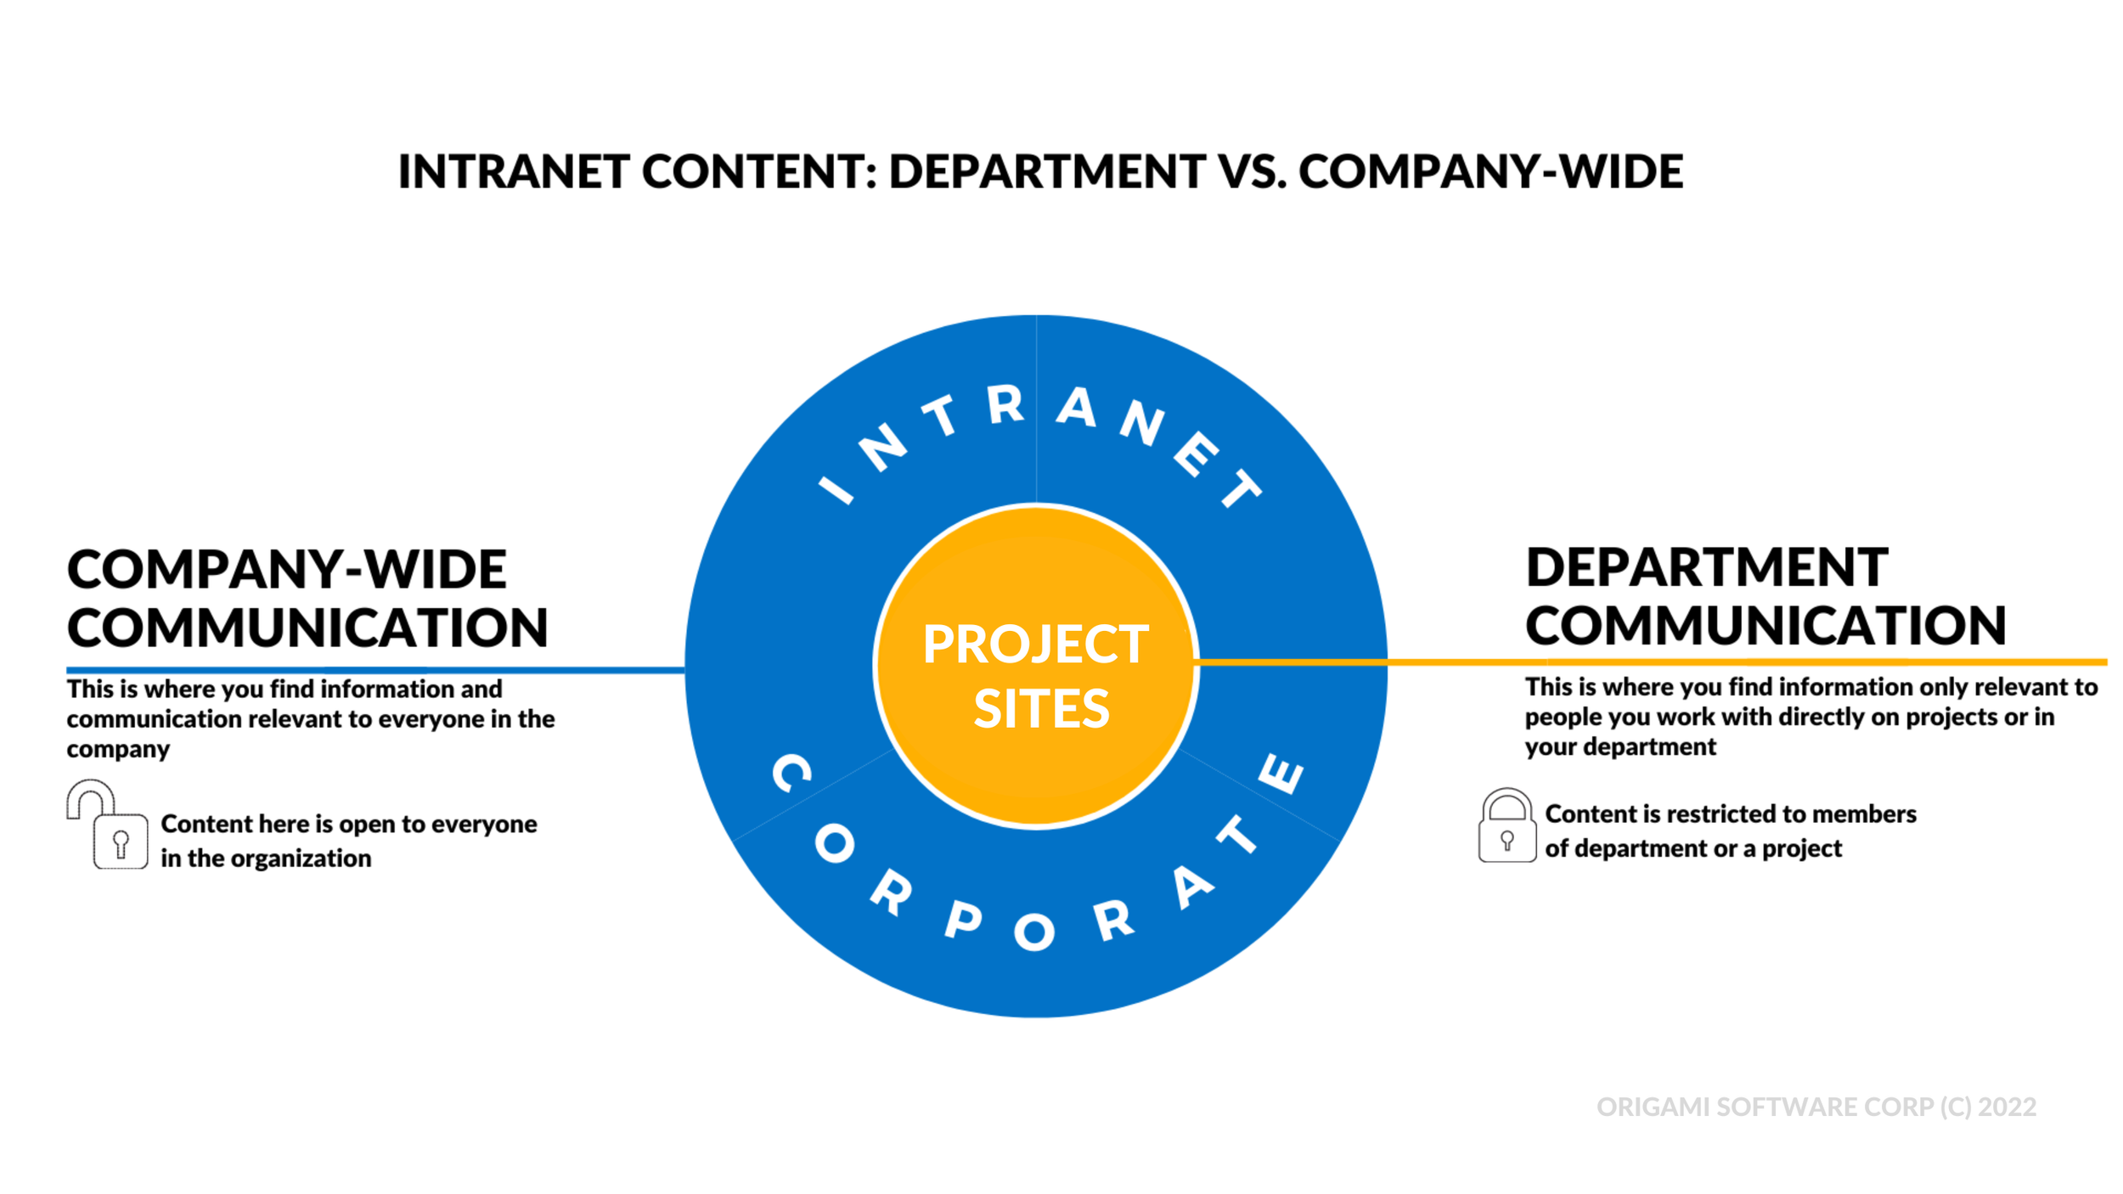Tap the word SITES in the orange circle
click(1041, 708)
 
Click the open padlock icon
click(107, 825)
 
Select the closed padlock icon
click(1506, 825)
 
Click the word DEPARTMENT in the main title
click(1046, 172)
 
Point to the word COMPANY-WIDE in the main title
click(1490, 172)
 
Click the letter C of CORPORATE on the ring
click(791, 773)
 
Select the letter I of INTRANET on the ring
click(836, 489)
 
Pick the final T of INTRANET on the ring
click(1242, 489)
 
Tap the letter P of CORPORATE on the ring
click(963, 920)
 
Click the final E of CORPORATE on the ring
click(1281, 773)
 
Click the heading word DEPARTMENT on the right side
click(1707, 567)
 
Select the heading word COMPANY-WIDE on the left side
click(286, 569)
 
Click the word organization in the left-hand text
click(301, 859)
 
